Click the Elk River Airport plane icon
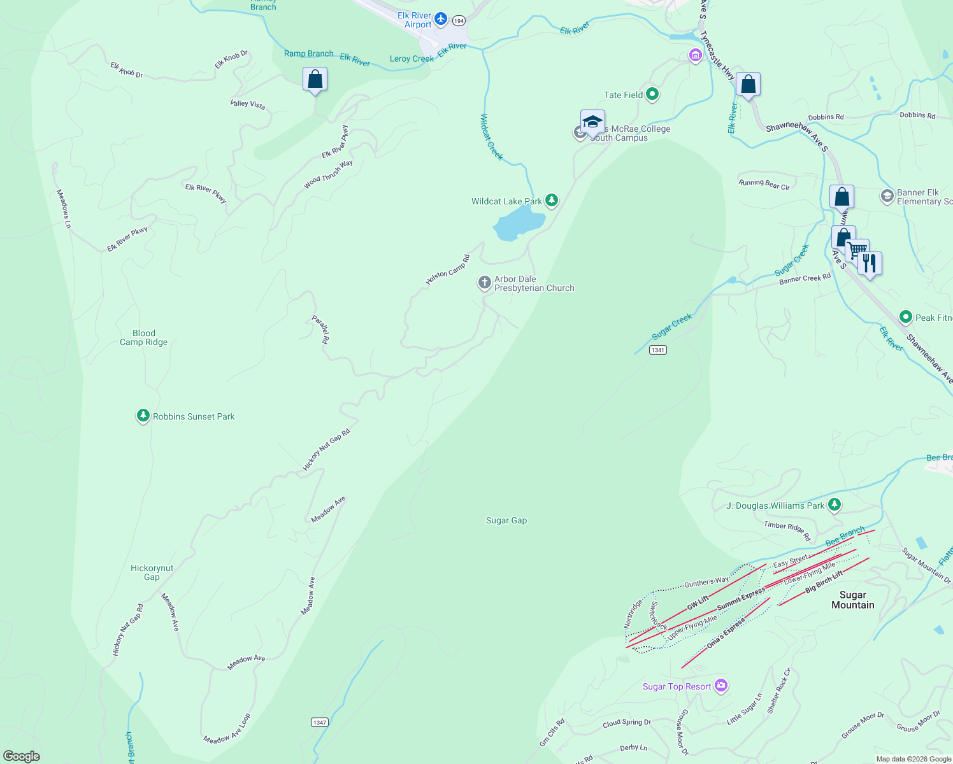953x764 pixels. pyautogui.click(x=441, y=20)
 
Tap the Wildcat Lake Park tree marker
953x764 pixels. pyautogui.click(x=552, y=201)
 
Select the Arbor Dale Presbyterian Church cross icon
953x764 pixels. pyautogui.click(x=485, y=283)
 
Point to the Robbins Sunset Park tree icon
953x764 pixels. pyautogui.click(x=143, y=416)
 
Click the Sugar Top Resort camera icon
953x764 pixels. pyautogui.click(x=721, y=686)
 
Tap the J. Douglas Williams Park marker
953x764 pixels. pyautogui.click(x=835, y=506)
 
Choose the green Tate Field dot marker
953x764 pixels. pyautogui.click(x=652, y=95)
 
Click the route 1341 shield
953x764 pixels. pyautogui.click(x=658, y=350)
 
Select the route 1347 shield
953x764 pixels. pyautogui.click(x=320, y=722)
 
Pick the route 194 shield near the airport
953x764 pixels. pyautogui.click(x=459, y=21)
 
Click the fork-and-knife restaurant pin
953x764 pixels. pyautogui.click(x=870, y=262)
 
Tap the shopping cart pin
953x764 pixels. pyautogui.click(x=857, y=250)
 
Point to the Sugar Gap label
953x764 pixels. pyautogui.click(x=506, y=520)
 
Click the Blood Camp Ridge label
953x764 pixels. pyautogui.click(x=144, y=337)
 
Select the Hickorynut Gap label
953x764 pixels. pyautogui.click(x=152, y=572)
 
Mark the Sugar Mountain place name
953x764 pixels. pyautogui.click(x=853, y=600)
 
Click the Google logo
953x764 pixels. pyautogui.click(x=22, y=756)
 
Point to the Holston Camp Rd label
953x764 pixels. pyautogui.click(x=448, y=269)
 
